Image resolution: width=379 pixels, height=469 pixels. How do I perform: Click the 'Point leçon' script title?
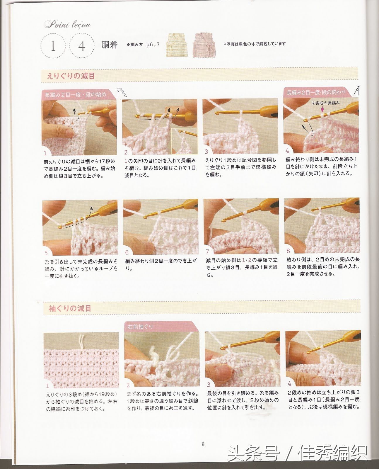pyautogui.click(x=67, y=24)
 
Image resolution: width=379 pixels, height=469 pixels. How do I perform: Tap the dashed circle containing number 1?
pyautogui.click(x=53, y=45)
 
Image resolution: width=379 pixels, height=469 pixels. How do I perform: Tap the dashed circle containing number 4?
pyautogui.click(x=82, y=45)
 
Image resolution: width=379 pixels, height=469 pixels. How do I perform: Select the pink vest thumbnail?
pyautogui.click(x=204, y=45)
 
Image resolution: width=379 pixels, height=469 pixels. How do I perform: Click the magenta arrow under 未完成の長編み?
pyautogui.click(x=322, y=109)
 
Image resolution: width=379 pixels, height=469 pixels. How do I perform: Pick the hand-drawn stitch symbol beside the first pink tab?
pyautogui.click(x=122, y=92)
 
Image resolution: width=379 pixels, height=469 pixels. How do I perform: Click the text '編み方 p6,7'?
pyautogui.click(x=143, y=45)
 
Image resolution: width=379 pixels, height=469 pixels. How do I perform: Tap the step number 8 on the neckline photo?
pyautogui.click(x=288, y=251)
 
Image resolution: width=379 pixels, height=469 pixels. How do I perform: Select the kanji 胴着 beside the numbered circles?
pyautogui.click(x=109, y=45)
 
